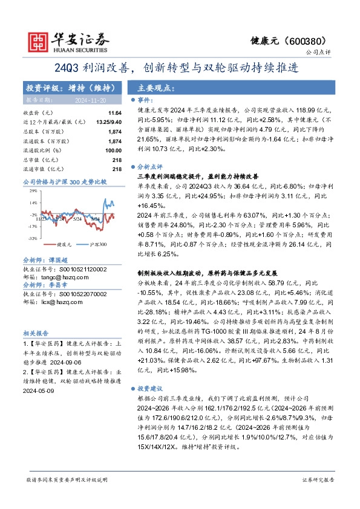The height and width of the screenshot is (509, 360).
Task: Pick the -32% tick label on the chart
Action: point(32,239)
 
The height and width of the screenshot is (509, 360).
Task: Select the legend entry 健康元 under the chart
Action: point(64,245)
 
